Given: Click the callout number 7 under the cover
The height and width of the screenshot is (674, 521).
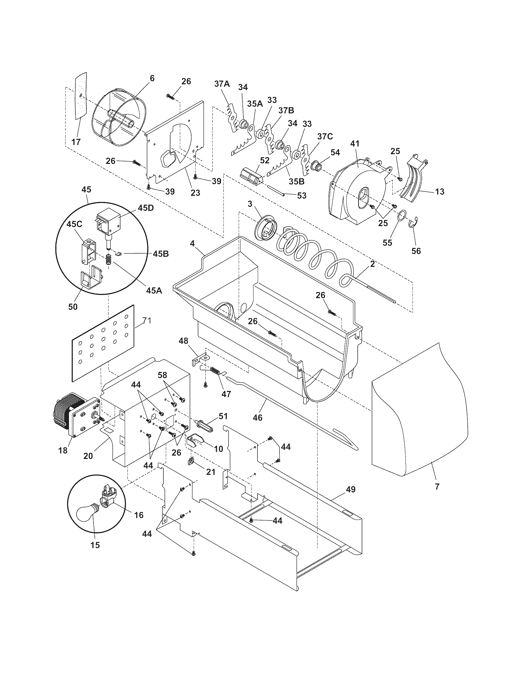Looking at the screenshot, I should (x=437, y=487).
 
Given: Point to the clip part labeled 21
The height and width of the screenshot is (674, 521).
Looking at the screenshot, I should (x=191, y=461).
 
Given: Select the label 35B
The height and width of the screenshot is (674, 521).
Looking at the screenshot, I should (x=297, y=181).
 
